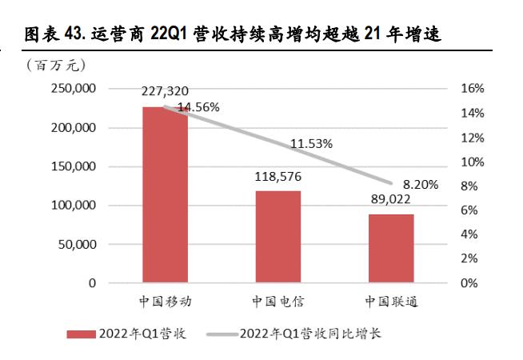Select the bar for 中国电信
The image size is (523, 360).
pos(278,237)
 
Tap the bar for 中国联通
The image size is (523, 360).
pos(391,249)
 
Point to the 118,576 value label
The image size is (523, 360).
pos(277,177)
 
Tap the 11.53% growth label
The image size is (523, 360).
pos(311,144)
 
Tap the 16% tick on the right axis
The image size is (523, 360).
pos(473,89)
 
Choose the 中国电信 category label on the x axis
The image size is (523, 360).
pos(277,302)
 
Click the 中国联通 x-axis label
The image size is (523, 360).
pos(391,302)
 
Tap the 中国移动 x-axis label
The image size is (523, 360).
pos(165,302)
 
